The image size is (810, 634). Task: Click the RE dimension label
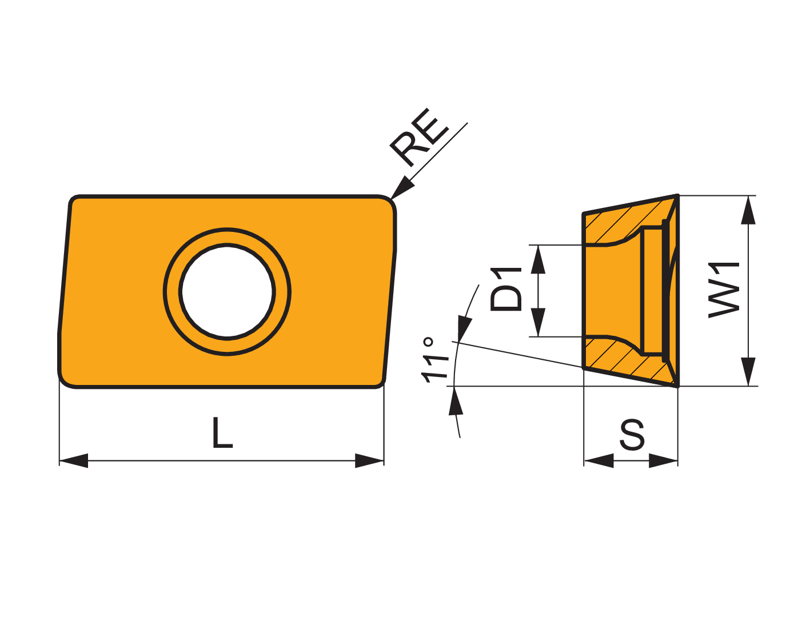pos(419,138)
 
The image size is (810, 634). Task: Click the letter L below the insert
pos(222,432)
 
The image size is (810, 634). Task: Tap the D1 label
pos(506,289)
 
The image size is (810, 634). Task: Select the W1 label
pos(724,290)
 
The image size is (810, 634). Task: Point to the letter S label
pos(632,435)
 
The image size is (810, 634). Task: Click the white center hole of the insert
pos(227,292)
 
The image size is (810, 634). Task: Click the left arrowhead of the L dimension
pos(73,460)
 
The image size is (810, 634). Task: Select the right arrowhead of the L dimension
pos(369,460)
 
